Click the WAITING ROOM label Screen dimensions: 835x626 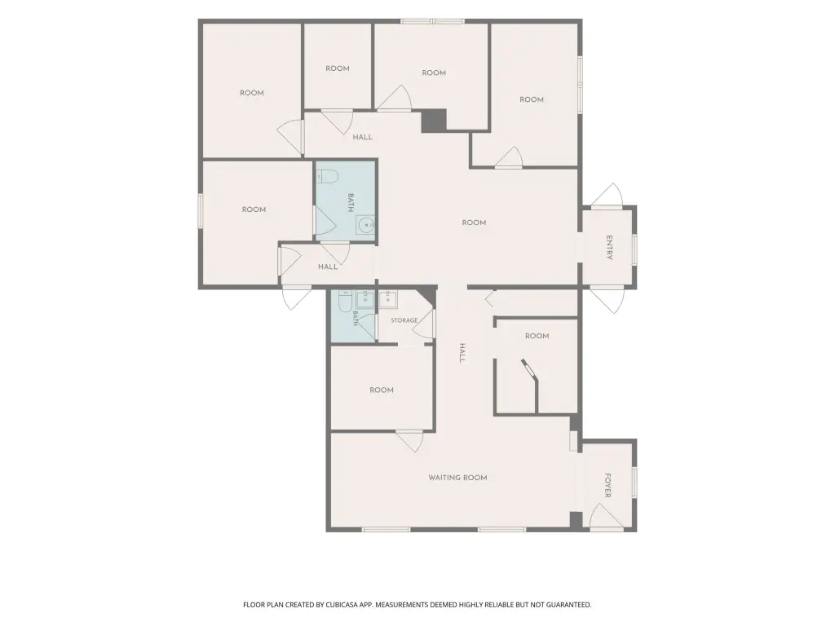[x=458, y=478]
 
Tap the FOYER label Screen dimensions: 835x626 [x=607, y=485]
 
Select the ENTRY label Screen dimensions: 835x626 [x=610, y=248]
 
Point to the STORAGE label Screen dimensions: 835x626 [x=404, y=320]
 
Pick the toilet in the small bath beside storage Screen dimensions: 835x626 [x=343, y=302]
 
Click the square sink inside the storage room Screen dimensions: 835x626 [x=387, y=300]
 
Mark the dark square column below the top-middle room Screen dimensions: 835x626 [x=434, y=121]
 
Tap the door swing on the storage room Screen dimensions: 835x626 [x=424, y=324]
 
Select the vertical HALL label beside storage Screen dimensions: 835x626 [x=462, y=353]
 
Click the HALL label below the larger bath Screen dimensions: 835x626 [x=328, y=267]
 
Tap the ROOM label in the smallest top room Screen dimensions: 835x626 [x=338, y=68]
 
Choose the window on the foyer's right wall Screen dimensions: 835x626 [x=634, y=483]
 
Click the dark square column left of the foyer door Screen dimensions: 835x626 [x=576, y=519]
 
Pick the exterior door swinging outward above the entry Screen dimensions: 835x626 [x=607, y=195]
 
